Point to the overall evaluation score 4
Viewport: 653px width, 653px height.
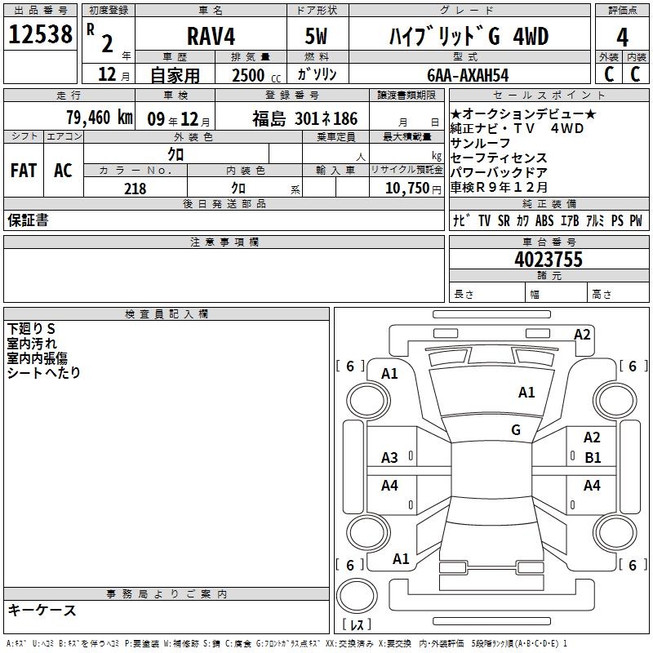tap(623, 38)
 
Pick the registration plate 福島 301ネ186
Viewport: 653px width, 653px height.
tap(304, 119)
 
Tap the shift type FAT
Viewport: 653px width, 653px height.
tap(24, 170)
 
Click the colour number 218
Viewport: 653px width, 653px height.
tap(135, 189)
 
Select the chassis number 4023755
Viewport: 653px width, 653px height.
tap(549, 260)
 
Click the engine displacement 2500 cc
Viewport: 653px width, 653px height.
tap(255, 75)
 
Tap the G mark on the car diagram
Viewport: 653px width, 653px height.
tap(516, 429)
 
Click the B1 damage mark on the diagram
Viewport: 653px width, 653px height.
tap(593, 458)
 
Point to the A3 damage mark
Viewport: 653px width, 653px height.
tap(390, 458)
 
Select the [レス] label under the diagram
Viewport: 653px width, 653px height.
tap(357, 626)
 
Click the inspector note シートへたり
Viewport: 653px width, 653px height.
tap(44, 373)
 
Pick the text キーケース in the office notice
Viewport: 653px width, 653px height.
tap(42, 611)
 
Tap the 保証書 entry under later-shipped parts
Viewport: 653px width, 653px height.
tap(28, 220)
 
